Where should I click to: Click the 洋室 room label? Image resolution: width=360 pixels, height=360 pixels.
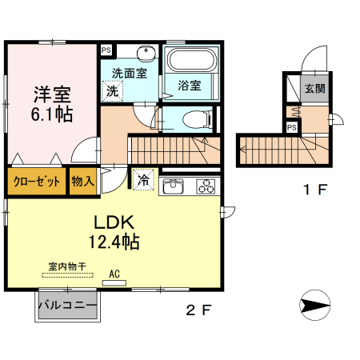pos(52,91)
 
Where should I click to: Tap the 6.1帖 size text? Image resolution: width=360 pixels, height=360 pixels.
pos(53,114)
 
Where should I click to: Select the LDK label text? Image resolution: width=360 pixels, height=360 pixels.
pos(113,221)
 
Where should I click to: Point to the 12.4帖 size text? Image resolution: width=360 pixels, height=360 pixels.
pos(114,240)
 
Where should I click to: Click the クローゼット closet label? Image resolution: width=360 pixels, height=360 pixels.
pos(37,182)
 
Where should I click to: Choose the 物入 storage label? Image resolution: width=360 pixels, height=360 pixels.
pos(83,182)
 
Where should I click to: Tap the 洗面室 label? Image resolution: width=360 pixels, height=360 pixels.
pos(128,73)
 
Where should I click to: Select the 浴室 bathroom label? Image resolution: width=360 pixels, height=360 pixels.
pos(189,85)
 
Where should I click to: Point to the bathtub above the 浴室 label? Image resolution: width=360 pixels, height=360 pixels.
pos(190,61)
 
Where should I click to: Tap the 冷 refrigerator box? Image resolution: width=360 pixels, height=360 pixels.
pos(142,180)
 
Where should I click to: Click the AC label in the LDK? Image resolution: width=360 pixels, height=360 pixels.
pos(114,274)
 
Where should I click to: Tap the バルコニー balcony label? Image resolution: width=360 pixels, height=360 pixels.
pos(67,306)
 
